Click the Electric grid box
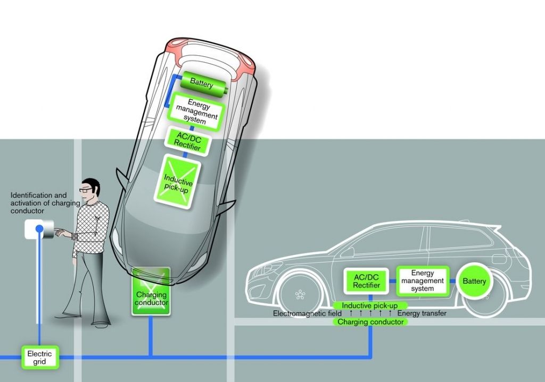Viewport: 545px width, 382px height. point(39,357)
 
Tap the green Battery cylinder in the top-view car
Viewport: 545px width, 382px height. point(201,84)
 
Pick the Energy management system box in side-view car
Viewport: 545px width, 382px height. point(423,281)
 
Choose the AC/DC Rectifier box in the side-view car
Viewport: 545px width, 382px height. point(367,281)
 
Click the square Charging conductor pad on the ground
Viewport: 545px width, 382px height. point(151,291)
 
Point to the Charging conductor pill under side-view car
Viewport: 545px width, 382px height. point(370,322)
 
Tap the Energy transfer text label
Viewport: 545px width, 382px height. point(422,313)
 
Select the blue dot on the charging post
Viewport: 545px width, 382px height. point(39,229)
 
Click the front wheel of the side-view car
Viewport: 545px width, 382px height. point(300,294)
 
